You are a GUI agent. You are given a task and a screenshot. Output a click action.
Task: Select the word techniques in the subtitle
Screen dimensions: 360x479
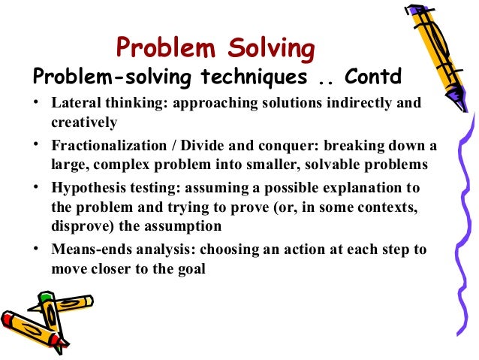click(x=233, y=77)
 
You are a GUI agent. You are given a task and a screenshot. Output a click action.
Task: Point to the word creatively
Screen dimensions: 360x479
click(x=83, y=120)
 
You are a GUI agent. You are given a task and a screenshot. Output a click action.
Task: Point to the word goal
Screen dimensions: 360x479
click(x=191, y=267)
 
